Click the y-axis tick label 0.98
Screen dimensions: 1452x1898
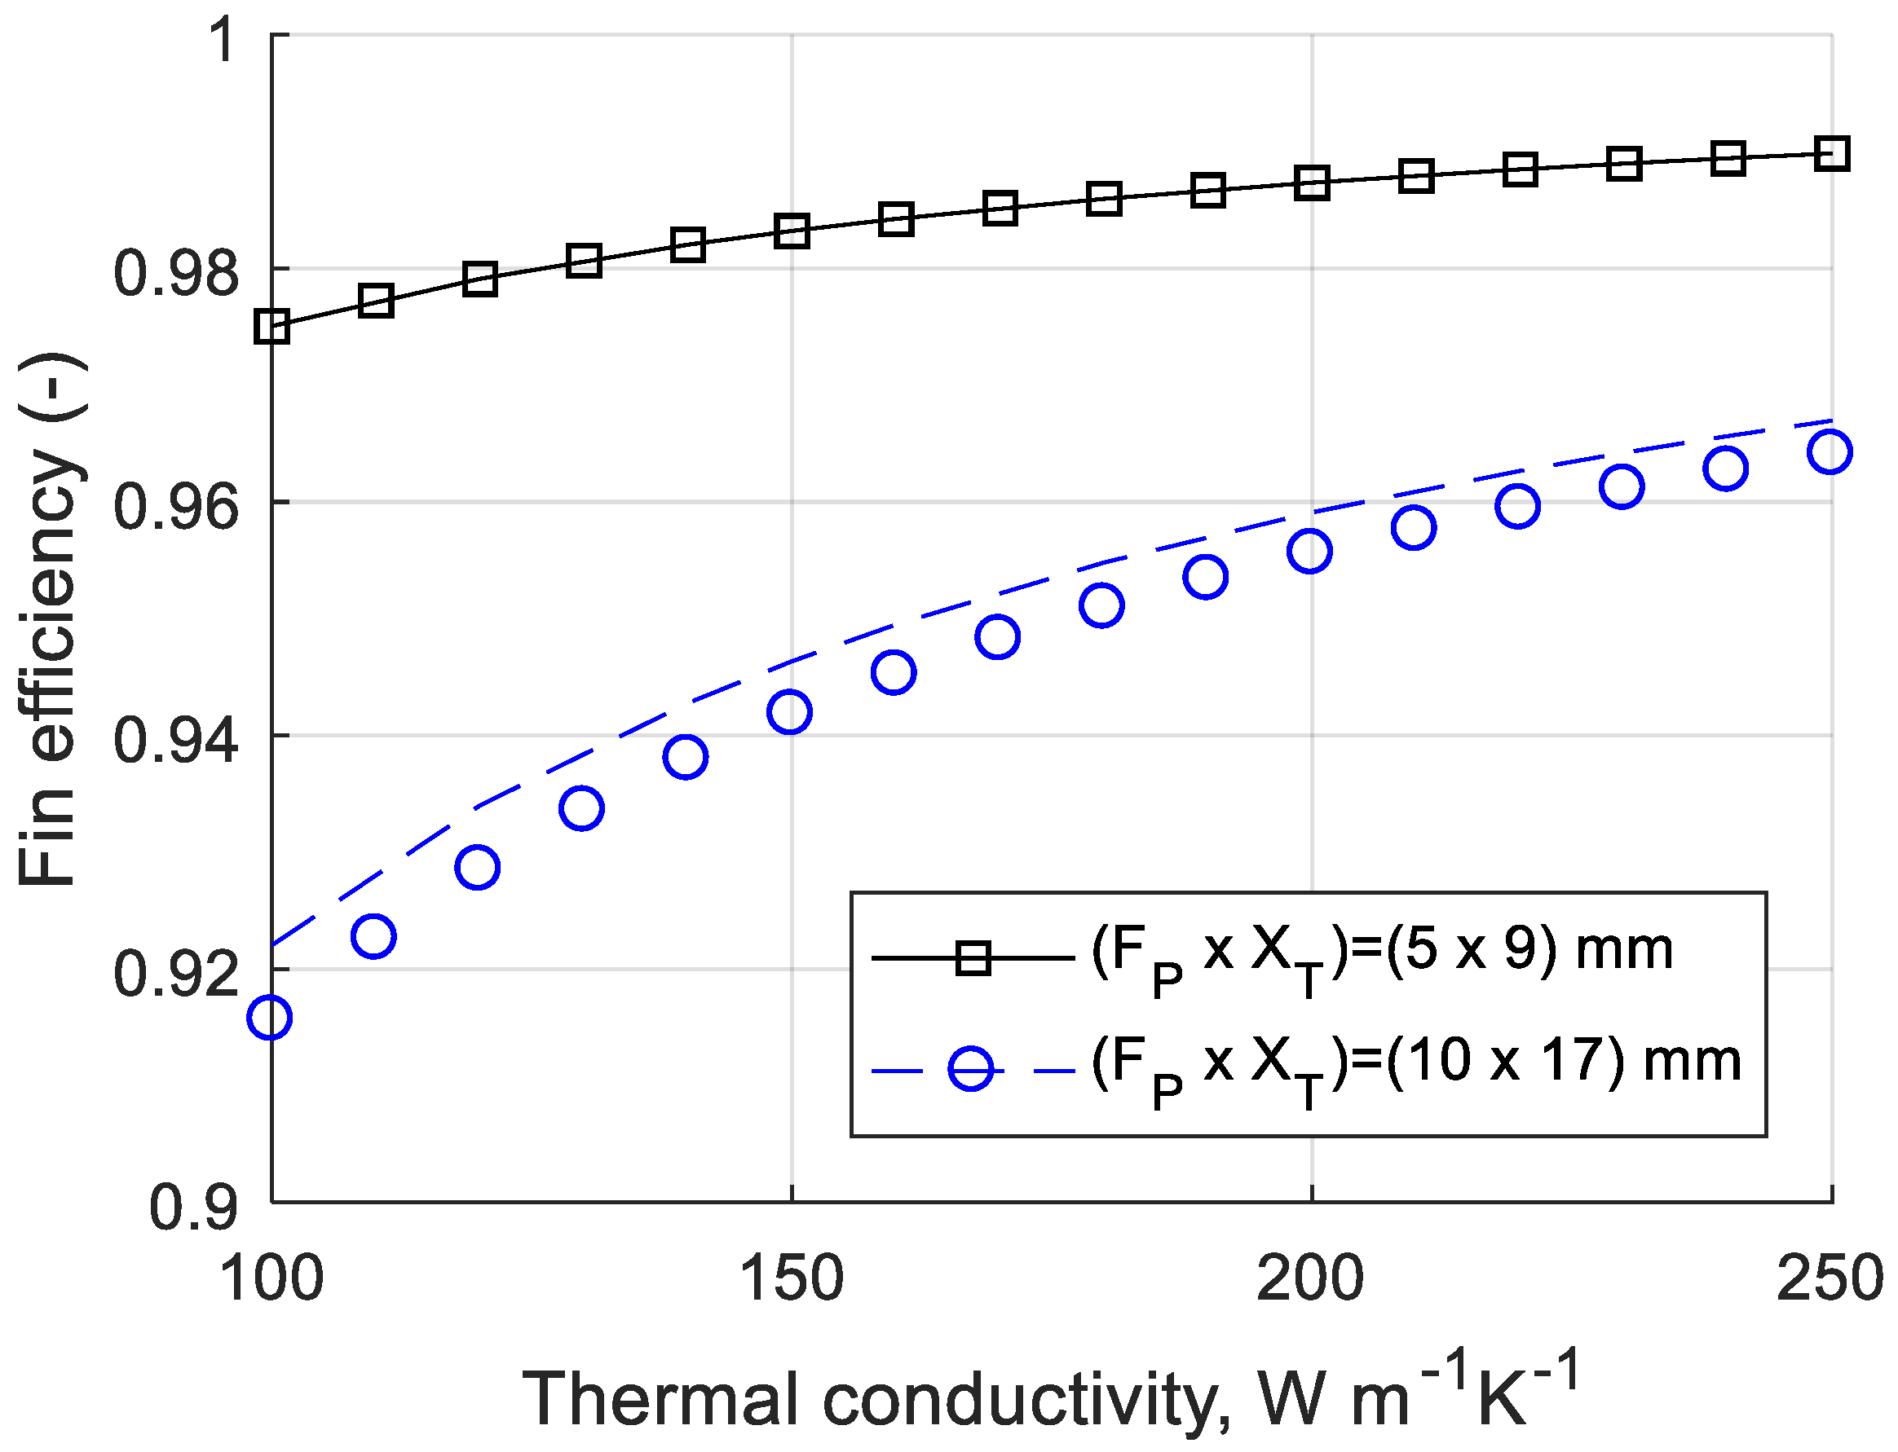coord(175,272)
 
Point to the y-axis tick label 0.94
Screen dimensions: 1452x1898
coord(175,740)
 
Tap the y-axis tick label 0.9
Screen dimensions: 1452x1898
coord(194,1208)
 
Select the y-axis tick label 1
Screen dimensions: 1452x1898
coord(223,39)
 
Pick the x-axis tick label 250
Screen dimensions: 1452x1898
coord(1830,1279)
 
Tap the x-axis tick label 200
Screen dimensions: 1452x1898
coord(1311,1279)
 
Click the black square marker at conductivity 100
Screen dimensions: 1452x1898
coord(271,328)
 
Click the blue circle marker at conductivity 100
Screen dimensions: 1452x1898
coord(270,1017)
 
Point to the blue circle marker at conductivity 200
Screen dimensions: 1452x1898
coord(1309,552)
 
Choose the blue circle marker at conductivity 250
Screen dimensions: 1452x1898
coord(1830,452)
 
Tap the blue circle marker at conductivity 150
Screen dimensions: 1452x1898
coord(788,712)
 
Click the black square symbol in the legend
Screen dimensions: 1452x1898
coord(973,957)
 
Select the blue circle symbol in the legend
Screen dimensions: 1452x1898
coord(971,1070)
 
